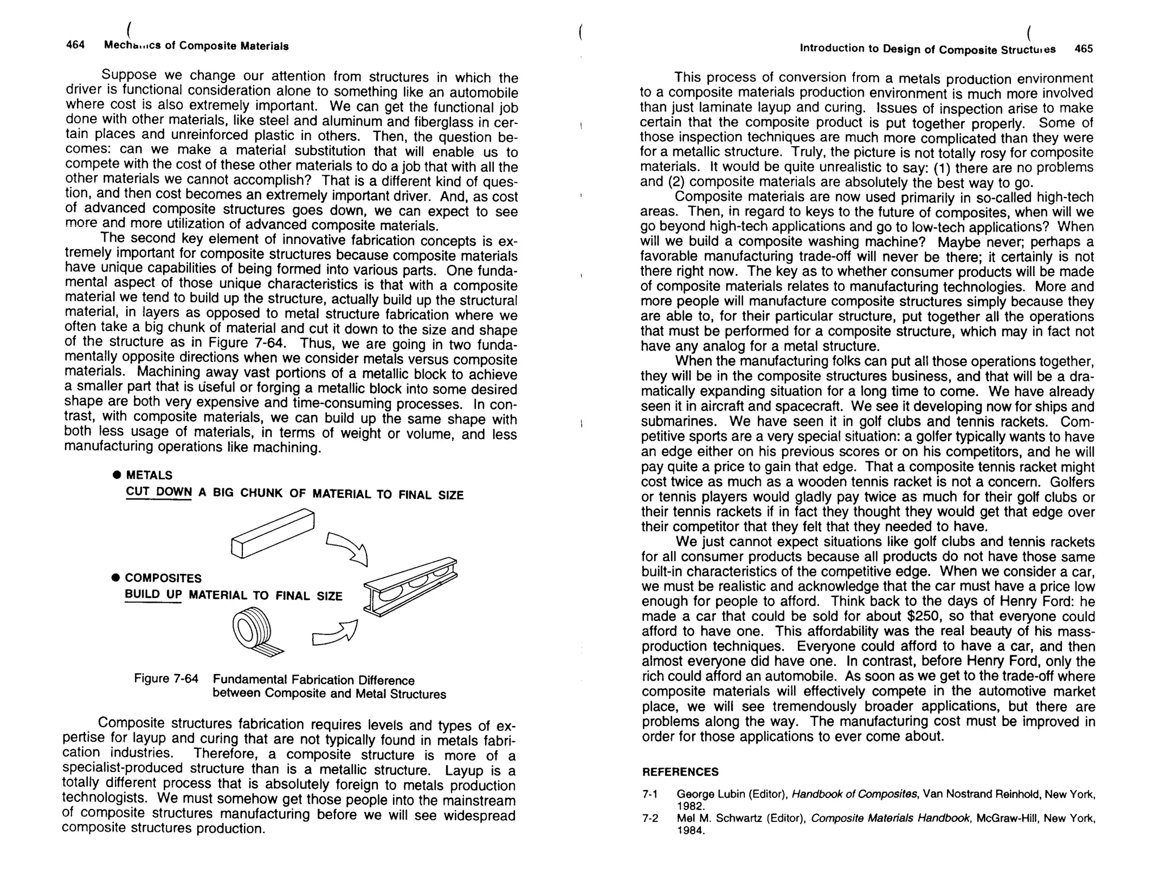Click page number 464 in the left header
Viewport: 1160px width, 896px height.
75,45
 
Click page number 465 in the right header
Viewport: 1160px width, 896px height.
1083,49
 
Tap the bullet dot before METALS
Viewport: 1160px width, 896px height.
116,475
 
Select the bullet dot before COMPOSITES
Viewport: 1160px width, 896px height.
116,578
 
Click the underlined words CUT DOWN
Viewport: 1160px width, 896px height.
159,492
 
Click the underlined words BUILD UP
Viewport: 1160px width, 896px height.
153,595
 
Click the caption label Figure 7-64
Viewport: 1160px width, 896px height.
166,679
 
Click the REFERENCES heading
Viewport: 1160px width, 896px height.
680,772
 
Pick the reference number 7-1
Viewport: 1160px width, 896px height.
650,795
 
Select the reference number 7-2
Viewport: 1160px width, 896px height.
650,818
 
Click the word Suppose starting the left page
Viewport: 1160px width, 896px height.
129,75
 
